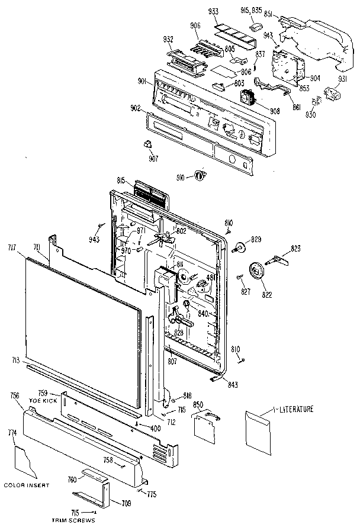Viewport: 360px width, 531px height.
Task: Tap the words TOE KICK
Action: coord(41,401)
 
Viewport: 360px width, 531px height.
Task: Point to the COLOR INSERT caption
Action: coord(26,485)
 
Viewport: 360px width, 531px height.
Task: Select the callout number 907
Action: coord(153,158)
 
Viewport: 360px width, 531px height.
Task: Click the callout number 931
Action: coord(342,79)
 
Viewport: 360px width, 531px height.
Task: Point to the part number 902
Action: coord(135,108)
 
